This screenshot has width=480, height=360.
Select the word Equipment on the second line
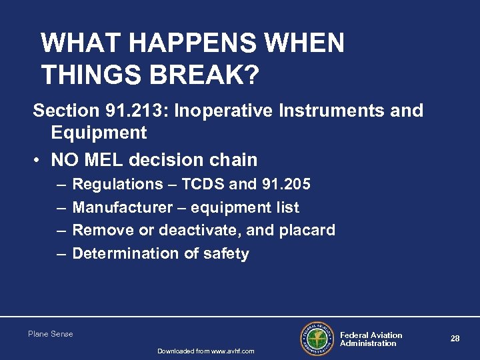(x=99, y=133)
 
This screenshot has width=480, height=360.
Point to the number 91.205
(x=287, y=184)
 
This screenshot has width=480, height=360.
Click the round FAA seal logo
(x=317, y=339)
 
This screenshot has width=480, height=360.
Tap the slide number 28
(x=455, y=339)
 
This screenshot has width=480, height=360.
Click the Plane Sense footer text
(x=51, y=334)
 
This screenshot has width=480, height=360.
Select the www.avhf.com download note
(x=205, y=351)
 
